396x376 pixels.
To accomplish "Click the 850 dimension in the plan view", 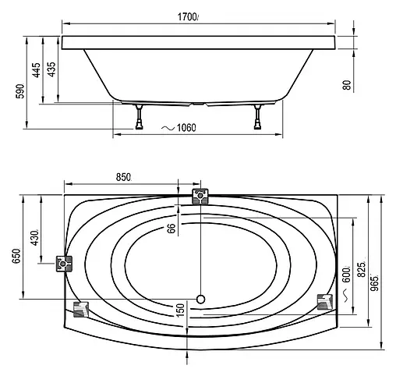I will click(x=122, y=178).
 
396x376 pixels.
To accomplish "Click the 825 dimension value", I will click(x=361, y=269).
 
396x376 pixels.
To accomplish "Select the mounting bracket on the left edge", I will click(x=64, y=264).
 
